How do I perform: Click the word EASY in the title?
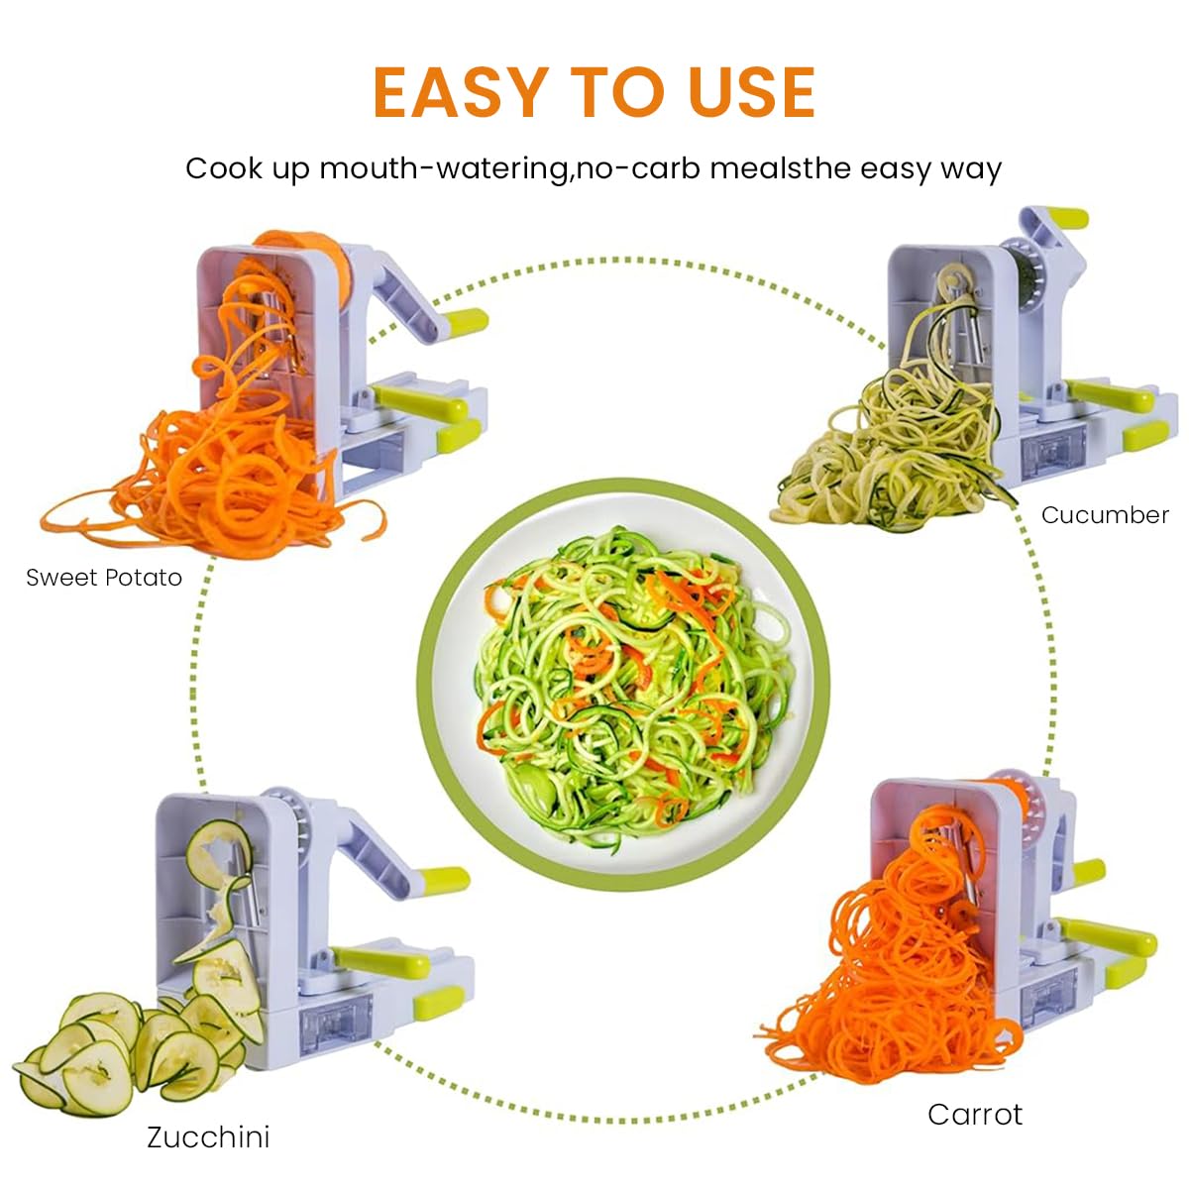click(x=461, y=93)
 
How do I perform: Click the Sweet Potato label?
click(x=104, y=578)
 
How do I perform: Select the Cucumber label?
click(x=1105, y=515)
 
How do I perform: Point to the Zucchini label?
click(x=208, y=1136)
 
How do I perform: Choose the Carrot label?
click(x=975, y=1114)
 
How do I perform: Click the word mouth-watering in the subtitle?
click(x=442, y=168)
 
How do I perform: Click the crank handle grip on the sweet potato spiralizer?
click(x=466, y=321)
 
